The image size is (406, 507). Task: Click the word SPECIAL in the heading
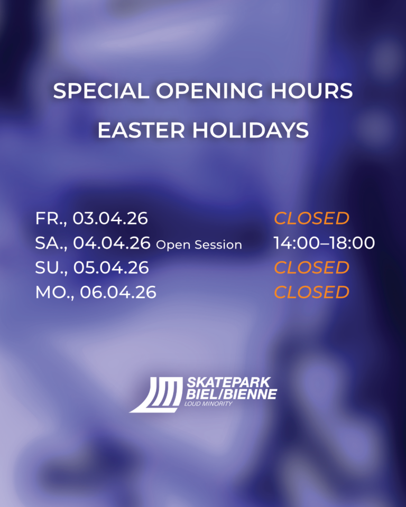point(101,90)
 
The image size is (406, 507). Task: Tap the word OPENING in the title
point(209,90)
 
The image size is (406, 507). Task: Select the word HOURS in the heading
point(311,90)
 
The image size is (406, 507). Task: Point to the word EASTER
point(141,130)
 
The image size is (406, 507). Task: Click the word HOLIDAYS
point(251,130)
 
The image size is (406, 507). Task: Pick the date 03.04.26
point(110,218)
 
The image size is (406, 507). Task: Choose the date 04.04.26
point(112,243)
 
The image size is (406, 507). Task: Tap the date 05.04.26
point(111,267)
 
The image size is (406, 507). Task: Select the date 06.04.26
point(118,292)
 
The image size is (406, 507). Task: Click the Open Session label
point(199,245)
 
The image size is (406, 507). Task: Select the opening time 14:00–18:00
point(325,243)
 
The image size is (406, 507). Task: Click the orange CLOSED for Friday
point(312,218)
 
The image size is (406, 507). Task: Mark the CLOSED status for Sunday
point(312,267)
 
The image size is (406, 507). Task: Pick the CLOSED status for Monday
point(312,292)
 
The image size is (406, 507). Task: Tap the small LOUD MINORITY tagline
point(208,404)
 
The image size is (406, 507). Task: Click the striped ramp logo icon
point(156,395)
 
